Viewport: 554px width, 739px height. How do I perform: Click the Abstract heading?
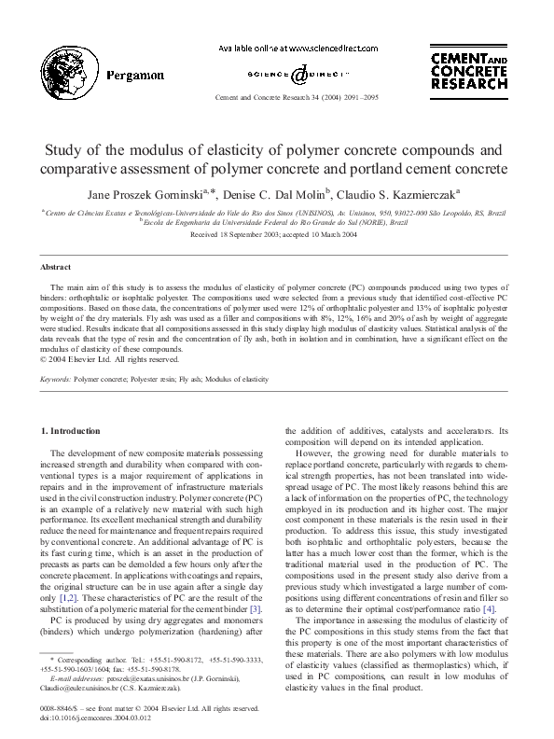pos(59,266)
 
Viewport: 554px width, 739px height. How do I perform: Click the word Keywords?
pos(56,380)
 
